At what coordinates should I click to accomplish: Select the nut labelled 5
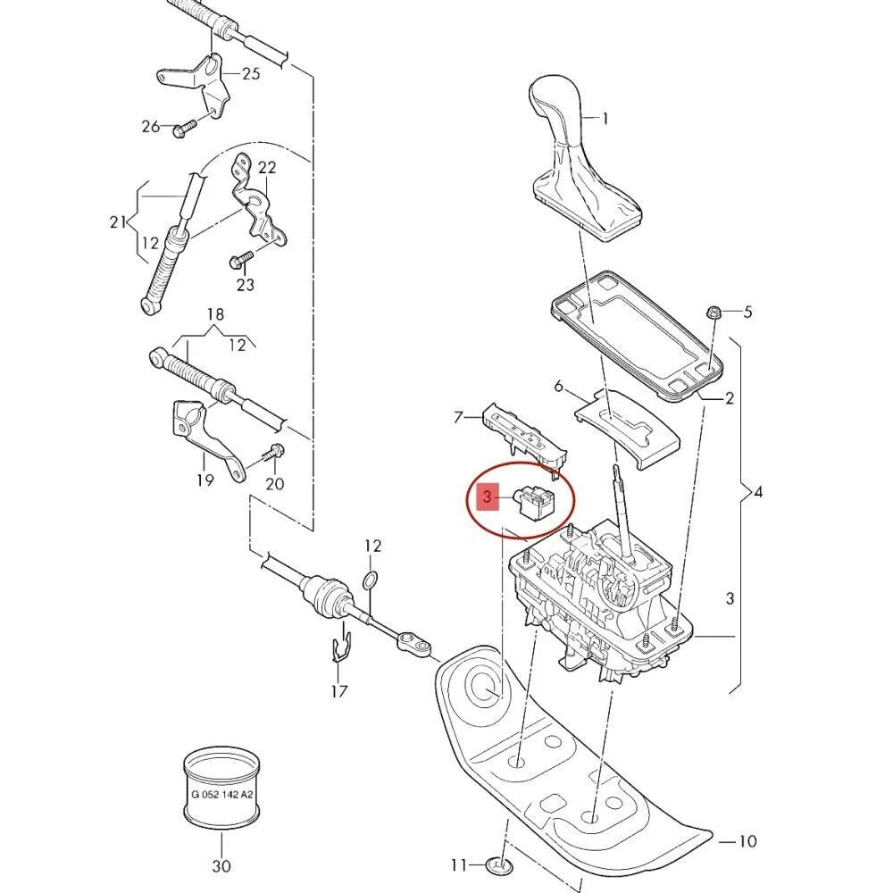pyautogui.click(x=714, y=313)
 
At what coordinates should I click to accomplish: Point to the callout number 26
pyautogui.click(x=150, y=127)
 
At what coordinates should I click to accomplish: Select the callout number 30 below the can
pyautogui.click(x=221, y=865)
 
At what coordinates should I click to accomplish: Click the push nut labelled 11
pyautogui.click(x=497, y=864)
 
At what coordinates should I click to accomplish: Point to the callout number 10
pyautogui.click(x=747, y=841)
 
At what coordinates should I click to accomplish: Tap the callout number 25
pyautogui.click(x=251, y=73)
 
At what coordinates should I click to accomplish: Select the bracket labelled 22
pyautogui.click(x=259, y=205)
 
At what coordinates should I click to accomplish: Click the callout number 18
pyautogui.click(x=215, y=314)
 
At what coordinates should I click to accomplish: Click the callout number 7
pyautogui.click(x=458, y=416)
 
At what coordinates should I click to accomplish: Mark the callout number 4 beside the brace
pyautogui.click(x=758, y=492)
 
